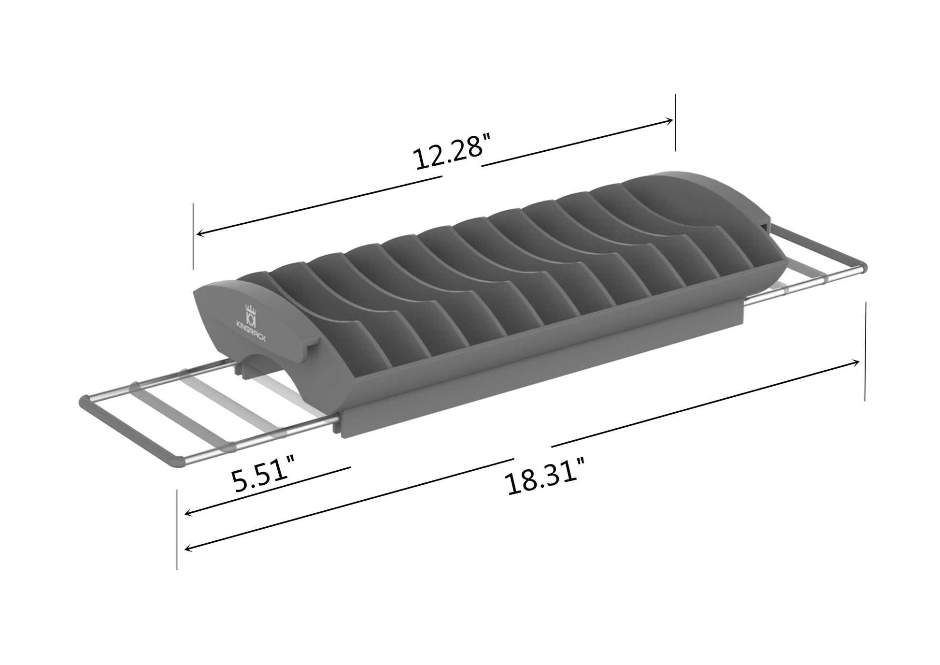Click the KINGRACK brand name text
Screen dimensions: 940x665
252,331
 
